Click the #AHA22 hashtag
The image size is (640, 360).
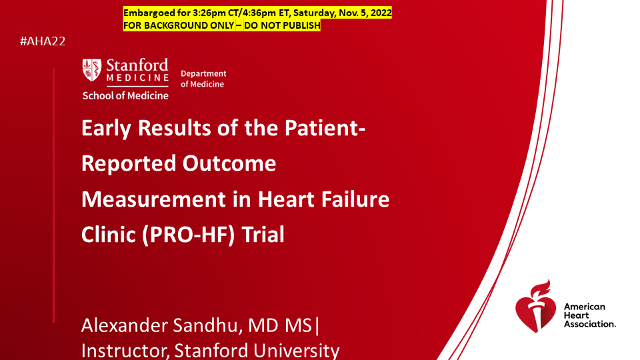coord(43,41)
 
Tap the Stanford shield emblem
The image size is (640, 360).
coord(92,70)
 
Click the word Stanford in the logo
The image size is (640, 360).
coord(137,65)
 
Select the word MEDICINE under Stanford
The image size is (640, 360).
coord(137,77)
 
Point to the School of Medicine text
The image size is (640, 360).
coord(125,95)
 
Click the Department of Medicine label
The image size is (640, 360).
coord(203,79)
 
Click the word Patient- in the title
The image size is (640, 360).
coord(325,128)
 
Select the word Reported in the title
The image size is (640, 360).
coord(129,164)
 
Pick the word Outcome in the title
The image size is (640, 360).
coord(229,163)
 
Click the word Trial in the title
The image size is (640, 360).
coord(263,235)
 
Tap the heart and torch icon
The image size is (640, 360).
coord(535,306)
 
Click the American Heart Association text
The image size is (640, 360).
coord(590,315)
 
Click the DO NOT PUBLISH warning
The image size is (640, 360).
coord(282,25)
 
